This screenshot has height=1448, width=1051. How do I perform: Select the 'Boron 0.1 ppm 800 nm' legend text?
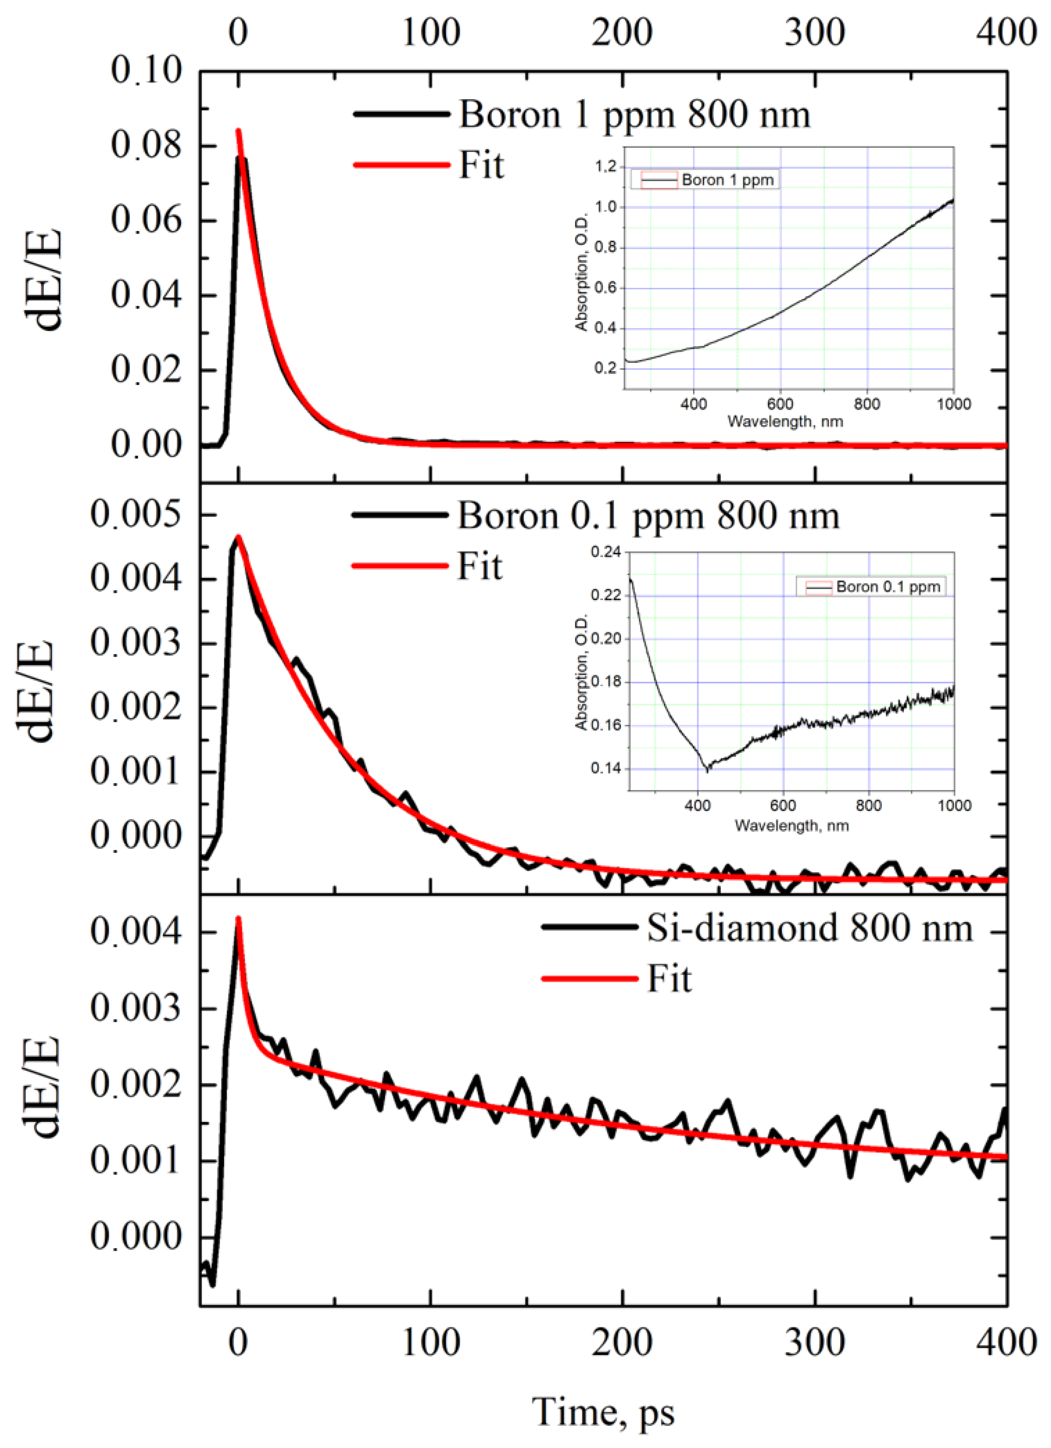[x=648, y=516]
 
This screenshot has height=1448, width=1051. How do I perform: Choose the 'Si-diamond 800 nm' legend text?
[x=810, y=928]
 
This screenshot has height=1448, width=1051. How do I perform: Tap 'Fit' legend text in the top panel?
[x=482, y=165]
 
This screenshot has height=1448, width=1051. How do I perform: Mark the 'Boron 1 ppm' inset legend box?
[x=705, y=180]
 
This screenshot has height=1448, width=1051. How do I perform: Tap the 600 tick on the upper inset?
[x=780, y=404]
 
